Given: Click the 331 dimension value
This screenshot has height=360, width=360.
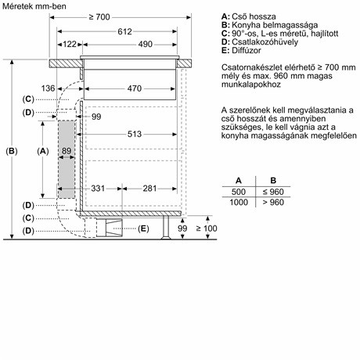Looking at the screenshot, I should pyautogui.click(x=96, y=189).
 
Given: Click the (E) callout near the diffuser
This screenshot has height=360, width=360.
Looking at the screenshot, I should pyautogui.click(x=142, y=229).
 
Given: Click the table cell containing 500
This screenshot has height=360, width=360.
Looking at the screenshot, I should pyautogui.click(x=238, y=191).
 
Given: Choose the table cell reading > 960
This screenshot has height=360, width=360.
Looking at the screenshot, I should pyautogui.click(x=273, y=202).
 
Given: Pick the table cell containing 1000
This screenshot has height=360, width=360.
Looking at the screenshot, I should pyautogui.click(x=238, y=202).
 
